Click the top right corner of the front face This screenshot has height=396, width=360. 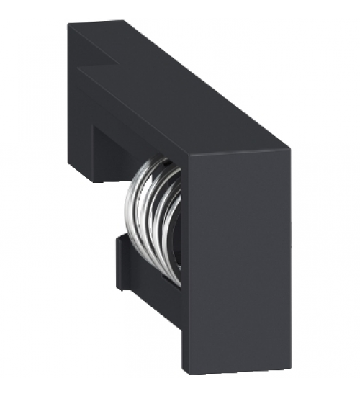pyautogui.click(x=290, y=149)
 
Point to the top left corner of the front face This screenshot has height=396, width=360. pyautogui.click(x=183, y=158)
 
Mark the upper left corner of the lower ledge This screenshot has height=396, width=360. pyautogui.click(x=117, y=238)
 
